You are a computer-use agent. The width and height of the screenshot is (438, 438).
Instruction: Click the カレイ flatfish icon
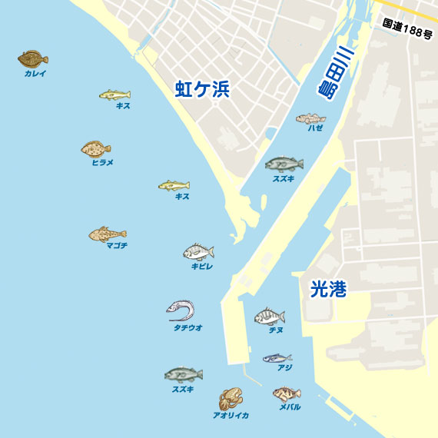[33, 58]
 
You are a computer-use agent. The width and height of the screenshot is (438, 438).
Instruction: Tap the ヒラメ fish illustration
[96, 148]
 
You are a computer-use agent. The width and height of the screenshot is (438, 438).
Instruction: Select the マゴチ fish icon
[107, 234]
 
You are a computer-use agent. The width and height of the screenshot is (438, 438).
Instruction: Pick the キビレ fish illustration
[198, 252]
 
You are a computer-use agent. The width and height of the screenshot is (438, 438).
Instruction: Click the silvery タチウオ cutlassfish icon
[181, 310]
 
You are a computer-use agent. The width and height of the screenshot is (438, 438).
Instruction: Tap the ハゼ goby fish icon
[311, 118]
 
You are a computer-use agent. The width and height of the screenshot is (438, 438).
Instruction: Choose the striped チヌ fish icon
[270, 317]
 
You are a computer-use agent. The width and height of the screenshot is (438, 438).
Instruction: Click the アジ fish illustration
[277, 358]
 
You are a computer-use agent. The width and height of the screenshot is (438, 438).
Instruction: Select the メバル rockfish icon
[286, 394]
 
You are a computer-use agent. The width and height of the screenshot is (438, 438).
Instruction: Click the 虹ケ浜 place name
[203, 90]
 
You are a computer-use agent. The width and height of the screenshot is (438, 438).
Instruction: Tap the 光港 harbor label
[328, 289]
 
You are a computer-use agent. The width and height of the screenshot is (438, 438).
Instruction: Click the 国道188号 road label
[408, 24]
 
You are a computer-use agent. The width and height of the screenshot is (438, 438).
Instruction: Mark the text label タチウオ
[188, 328]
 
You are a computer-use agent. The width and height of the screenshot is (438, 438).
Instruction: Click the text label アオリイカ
[231, 415]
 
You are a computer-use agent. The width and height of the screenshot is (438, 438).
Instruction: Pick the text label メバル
[290, 407]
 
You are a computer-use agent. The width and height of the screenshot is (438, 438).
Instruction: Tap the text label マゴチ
[117, 246]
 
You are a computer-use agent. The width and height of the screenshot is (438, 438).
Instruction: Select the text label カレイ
[35, 74]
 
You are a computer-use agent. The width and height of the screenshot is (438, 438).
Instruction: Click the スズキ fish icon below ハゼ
[284, 164]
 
